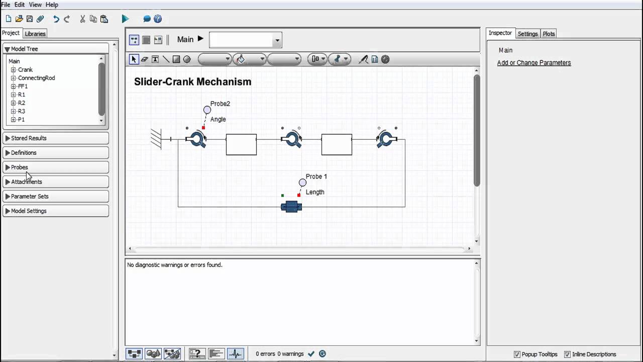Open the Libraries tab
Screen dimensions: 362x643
point(35,34)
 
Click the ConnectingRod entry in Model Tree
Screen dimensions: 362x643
point(36,78)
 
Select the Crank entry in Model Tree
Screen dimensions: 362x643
point(25,70)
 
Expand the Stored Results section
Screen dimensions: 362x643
point(29,138)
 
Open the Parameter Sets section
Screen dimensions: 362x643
point(30,197)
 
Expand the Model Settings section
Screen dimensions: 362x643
point(29,211)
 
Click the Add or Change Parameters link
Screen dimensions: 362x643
point(533,63)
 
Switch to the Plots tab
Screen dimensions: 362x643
point(549,34)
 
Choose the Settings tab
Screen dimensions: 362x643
point(527,34)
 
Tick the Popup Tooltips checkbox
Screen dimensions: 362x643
point(517,354)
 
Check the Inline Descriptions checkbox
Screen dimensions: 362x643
point(567,354)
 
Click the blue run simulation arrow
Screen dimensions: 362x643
point(125,19)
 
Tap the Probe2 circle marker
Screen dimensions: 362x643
point(207,110)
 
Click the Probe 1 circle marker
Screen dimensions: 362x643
point(302,183)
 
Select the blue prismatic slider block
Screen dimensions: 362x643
point(291,207)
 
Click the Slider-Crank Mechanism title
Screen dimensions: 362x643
point(192,82)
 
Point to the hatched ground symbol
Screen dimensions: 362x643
point(156,139)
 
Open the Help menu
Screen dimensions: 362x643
point(52,5)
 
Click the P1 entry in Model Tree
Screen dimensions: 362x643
point(21,120)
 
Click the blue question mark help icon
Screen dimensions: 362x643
point(158,19)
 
